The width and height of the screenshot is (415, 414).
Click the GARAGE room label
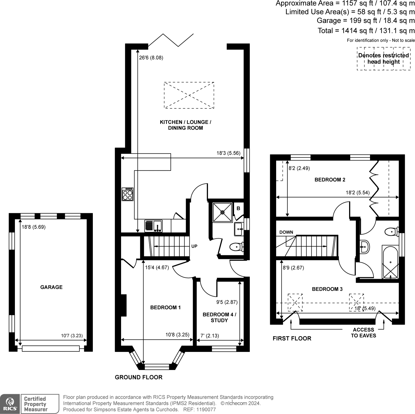click(x=51, y=287)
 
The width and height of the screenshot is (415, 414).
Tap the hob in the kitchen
click(x=127, y=194)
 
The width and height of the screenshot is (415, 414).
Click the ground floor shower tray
click(x=223, y=212)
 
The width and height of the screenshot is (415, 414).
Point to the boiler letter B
click(x=238, y=208)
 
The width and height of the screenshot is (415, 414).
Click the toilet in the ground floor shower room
click(x=237, y=247)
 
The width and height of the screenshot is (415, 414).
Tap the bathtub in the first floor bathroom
click(x=390, y=262)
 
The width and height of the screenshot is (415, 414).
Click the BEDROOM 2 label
click(x=330, y=180)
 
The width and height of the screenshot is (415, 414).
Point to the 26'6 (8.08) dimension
click(x=151, y=58)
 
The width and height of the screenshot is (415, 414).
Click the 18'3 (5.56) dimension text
click(x=228, y=153)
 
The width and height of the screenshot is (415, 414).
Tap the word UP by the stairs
click(x=194, y=246)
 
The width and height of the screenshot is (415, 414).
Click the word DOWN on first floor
click(x=286, y=232)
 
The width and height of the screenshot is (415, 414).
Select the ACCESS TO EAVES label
click(x=363, y=333)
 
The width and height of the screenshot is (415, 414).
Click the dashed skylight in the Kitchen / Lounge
click(x=189, y=95)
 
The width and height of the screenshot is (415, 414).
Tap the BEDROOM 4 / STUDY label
click(x=219, y=317)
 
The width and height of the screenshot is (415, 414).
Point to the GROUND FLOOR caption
click(x=139, y=377)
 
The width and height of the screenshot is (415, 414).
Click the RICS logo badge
click(x=10, y=404)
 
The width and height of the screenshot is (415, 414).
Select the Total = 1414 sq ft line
click(x=366, y=31)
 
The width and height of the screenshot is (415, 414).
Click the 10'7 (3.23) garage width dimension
click(x=72, y=335)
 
